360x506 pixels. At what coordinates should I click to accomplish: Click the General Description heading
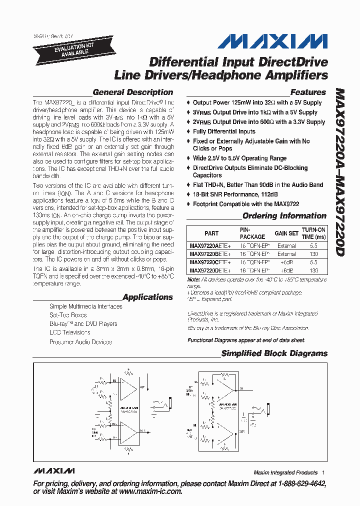[x=133, y=92]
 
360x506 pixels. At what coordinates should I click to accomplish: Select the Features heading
[x=308, y=92]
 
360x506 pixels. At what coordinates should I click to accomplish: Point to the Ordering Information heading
[x=284, y=216]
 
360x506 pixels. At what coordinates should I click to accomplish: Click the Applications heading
[x=147, y=297]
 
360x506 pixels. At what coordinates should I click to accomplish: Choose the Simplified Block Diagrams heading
[x=274, y=353]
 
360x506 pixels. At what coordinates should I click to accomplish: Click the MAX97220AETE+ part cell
[x=211, y=246]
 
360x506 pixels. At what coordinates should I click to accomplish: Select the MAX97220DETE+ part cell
[x=211, y=270]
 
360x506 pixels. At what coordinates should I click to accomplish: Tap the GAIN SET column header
[x=286, y=233]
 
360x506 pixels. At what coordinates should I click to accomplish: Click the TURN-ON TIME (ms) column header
[x=313, y=233]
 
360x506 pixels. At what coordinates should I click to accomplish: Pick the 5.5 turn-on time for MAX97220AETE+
[x=313, y=246]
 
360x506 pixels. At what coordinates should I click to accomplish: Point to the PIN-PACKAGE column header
[x=252, y=233]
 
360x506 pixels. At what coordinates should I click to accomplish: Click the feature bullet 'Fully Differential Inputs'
[x=224, y=131]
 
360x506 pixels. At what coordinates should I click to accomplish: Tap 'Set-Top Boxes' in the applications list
[x=68, y=315]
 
